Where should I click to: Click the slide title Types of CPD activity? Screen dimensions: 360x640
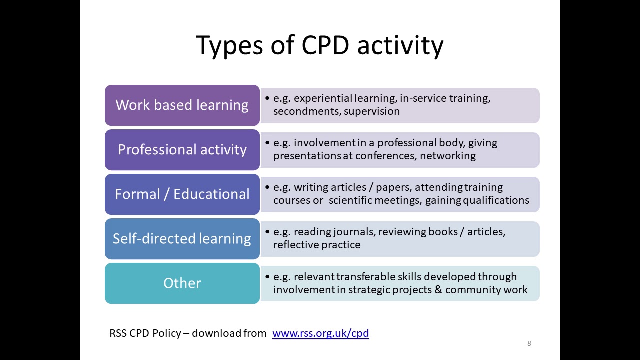tap(319, 45)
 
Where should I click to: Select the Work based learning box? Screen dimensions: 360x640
tap(182, 105)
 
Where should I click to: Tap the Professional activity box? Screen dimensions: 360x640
tap(182, 150)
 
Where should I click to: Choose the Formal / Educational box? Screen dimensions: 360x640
tap(182, 194)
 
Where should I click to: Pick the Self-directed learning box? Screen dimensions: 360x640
tap(182, 239)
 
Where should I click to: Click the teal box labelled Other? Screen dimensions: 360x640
tap(182, 283)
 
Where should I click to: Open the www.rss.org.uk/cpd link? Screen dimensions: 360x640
tap(320, 333)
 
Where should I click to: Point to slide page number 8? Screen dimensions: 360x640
tap(529, 343)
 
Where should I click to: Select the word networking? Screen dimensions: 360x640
tap(448, 156)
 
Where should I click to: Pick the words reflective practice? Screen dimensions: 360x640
tap(317, 245)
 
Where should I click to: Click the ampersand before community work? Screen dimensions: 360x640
tap(438, 290)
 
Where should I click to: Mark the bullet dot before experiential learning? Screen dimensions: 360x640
tap(267, 98)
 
